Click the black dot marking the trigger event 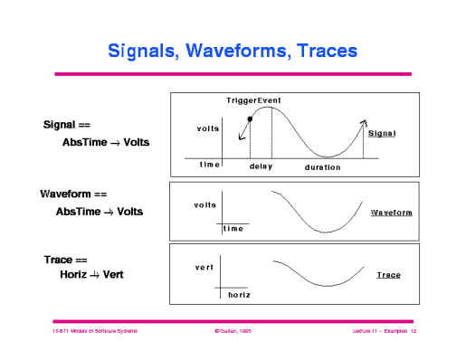(250, 118)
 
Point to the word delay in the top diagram (262, 167)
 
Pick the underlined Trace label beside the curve (388, 274)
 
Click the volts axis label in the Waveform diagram (205, 205)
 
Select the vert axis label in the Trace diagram (204, 268)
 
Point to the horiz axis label (239, 295)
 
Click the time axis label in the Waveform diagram (233, 229)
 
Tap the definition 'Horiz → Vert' (89, 274)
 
